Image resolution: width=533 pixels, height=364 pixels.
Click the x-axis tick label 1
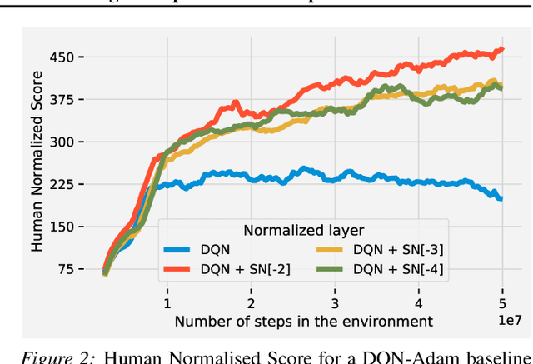(167, 303)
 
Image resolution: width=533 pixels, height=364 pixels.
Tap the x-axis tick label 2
(252, 303)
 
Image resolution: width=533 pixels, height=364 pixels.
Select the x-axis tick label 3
(335, 303)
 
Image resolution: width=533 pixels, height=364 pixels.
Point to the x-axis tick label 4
(419, 303)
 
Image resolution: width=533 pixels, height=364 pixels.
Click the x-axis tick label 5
(502, 303)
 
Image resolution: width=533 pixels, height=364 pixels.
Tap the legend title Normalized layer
(304, 229)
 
